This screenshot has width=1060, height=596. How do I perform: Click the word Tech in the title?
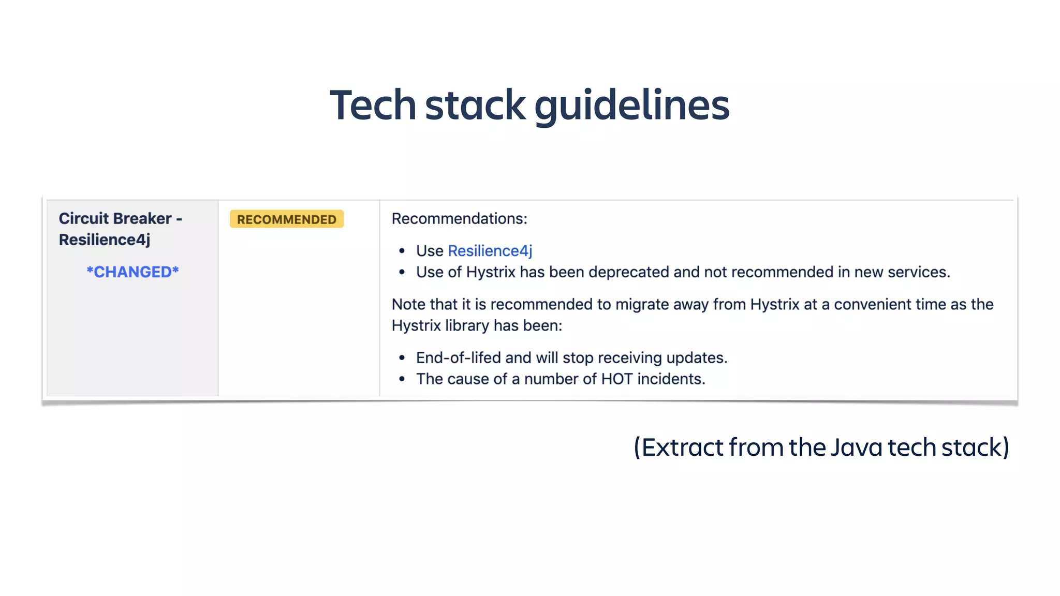373,105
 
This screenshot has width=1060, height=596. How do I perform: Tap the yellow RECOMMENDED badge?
287,219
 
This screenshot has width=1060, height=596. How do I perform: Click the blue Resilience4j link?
490,251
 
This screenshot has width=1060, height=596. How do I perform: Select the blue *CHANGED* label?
132,272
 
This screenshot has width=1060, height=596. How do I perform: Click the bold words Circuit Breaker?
115,218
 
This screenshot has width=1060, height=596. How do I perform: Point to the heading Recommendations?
459,219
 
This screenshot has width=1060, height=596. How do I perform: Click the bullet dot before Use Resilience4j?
402,251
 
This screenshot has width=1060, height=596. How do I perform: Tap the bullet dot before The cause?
402,380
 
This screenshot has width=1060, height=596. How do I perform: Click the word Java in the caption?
856,448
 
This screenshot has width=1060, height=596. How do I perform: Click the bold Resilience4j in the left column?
105,240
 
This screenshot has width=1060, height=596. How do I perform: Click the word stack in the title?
475,105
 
